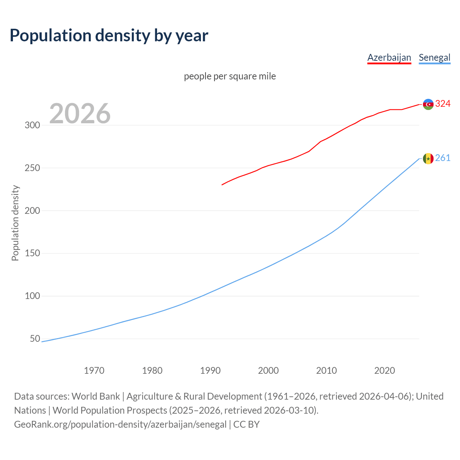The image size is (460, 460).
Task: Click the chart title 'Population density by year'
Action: (x=109, y=36)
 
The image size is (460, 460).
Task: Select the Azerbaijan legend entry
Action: (x=389, y=57)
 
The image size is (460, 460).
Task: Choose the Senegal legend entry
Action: (x=434, y=57)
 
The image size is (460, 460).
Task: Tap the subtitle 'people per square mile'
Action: (x=230, y=76)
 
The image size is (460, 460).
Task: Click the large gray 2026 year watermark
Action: (x=80, y=114)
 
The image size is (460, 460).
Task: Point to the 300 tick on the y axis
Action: (x=32, y=125)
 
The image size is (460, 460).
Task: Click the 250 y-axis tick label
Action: (x=32, y=168)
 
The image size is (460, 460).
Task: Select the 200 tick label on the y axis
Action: (x=32, y=211)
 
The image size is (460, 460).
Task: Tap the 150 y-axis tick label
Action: (x=32, y=253)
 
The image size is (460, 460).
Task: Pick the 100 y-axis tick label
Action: (x=32, y=296)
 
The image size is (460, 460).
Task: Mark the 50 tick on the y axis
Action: (x=35, y=339)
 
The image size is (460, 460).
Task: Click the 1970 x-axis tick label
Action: (x=94, y=371)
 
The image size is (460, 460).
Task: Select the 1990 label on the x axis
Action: (x=210, y=371)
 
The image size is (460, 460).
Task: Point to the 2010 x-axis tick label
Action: (x=326, y=371)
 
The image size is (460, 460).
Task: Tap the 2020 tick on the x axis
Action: (x=385, y=371)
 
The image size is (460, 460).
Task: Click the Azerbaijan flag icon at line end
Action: (x=428, y=104)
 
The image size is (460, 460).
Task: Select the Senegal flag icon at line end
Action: (x=428, y=158)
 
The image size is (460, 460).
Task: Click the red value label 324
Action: (x=443, y=104)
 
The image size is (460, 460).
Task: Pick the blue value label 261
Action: (x=443, y=158)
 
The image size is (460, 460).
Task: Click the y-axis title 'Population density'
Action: (x=15, y=223)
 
